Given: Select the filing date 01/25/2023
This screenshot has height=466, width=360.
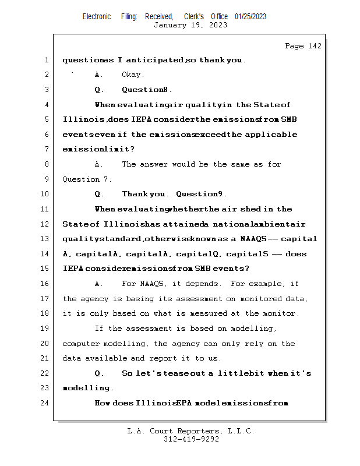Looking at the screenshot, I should pyautogui.click(x=250, y=16).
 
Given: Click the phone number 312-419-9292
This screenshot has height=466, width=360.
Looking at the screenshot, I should pyautogui.click(x=191, y=439).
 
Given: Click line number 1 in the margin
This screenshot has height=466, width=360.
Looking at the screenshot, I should pyautogui.click(x=45, y=60).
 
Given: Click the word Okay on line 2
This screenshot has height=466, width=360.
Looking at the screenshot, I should pyautogui.click(x=132, y=75).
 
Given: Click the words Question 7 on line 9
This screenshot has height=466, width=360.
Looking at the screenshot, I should pyautogui.click(x=87, y=179).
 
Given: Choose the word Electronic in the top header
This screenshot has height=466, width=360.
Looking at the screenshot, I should pyautogui.click(x=97, y=16).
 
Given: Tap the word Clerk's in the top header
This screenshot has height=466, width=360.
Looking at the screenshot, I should pyautogui.click(x=194, y=16).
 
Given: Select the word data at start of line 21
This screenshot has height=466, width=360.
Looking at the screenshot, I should pyautogui.click(x=72, y=358).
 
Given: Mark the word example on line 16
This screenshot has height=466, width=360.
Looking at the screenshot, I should pyautogui.click(x=267, y=284).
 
